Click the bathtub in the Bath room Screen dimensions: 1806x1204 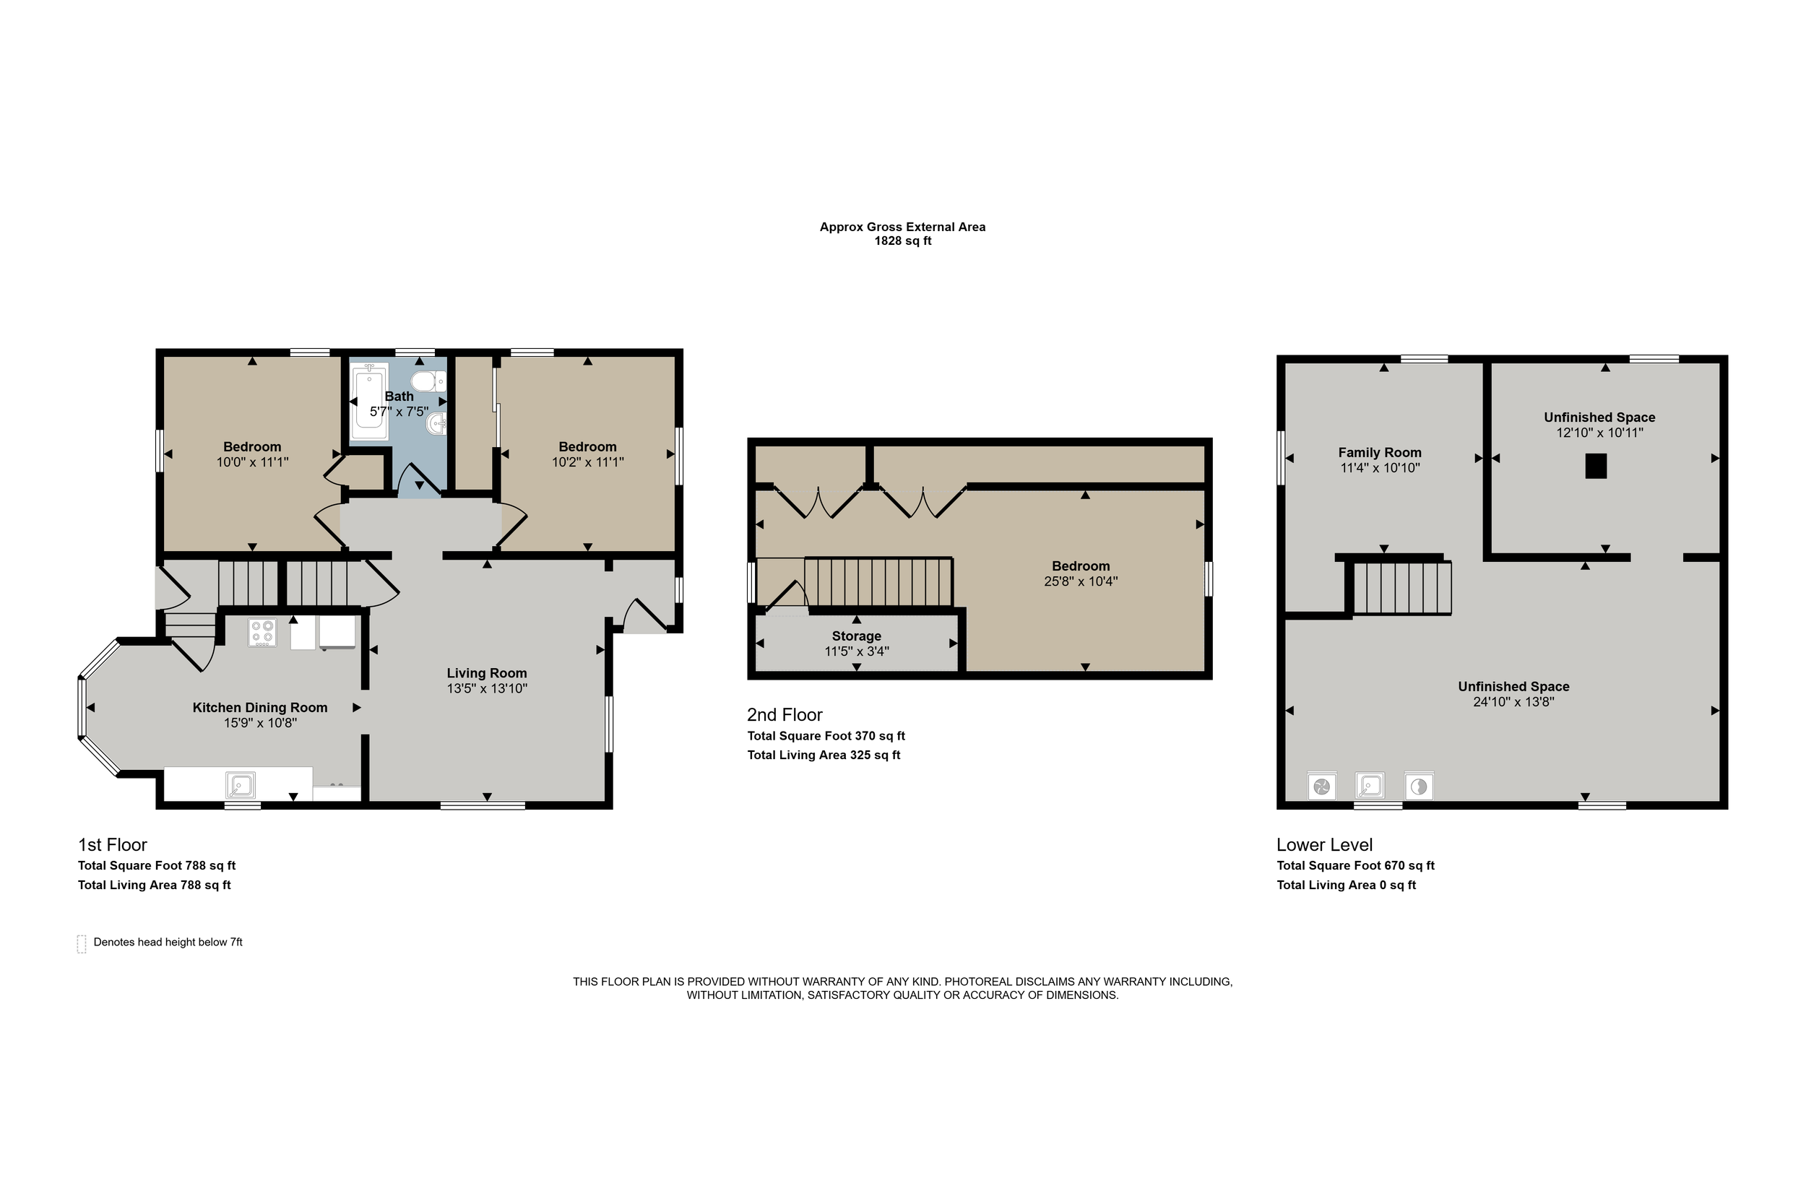click(x=369, y=402)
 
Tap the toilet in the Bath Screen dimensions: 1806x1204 click(x=428, y=381)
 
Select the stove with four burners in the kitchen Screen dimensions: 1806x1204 click(x=262, y=633)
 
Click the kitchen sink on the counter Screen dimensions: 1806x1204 click(x=241, y=786)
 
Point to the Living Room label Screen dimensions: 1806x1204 click(x=487, y=673)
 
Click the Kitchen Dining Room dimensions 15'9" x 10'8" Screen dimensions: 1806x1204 click(x=260, y=722)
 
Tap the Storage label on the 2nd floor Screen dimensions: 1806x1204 click(x=856, y=636)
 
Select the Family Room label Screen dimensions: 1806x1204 click(x=1380, y=452)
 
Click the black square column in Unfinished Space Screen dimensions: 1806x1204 click(x=1596, y=466)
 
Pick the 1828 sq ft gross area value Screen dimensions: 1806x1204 click(x=902, y=241)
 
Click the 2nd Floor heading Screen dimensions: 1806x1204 click(x=785, y=715)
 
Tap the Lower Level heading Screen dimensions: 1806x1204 click(x=1325, y=844)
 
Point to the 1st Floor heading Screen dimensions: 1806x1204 click(x=112, y=844)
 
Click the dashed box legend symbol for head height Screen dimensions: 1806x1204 click(x=82, y=944)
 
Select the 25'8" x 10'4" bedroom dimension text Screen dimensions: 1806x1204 click(x=1081, y=581)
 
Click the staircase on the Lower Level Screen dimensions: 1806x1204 click(x=1402, y=588)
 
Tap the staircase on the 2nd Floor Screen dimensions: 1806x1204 click(x=878, y=582)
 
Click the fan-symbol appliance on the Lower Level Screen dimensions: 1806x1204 click(x=1321, y=787)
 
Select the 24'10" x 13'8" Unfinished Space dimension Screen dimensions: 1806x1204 click(x=1513, y=702)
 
